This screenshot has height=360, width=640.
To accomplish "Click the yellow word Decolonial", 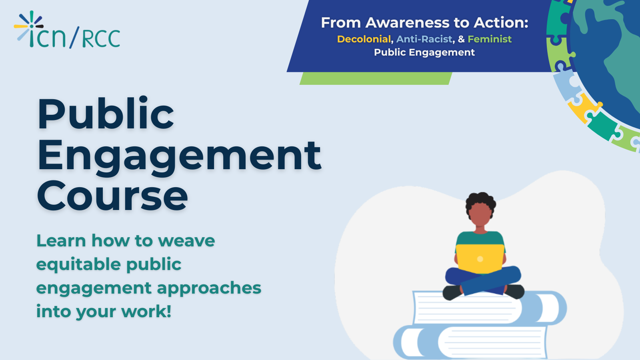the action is pos(364,39).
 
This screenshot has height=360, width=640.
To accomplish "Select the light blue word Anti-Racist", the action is pos(424,39).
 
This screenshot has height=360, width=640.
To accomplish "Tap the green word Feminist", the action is pos(490,39).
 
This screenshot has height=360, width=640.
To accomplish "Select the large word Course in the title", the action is pos(112,196).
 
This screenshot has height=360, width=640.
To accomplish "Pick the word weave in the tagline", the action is pos(186,241).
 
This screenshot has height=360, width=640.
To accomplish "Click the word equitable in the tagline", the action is pos(78,265).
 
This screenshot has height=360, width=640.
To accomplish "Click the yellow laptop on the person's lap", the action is pos(480,259).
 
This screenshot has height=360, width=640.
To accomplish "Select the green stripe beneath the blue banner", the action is pos(376,78).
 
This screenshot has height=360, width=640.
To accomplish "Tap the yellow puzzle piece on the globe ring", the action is pos(584,108).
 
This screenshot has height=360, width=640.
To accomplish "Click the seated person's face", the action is pos(480,214).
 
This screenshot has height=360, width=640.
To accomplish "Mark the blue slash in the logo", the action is pos(74,37).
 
